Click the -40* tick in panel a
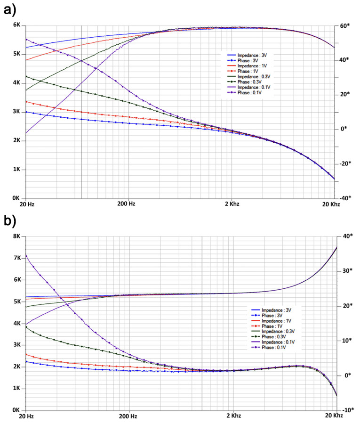pyautogui.click(x=345, y=198)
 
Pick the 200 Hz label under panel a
pyautogui.click(x=127, y=204)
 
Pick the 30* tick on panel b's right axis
pyautogui.click(x=346, y=271)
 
